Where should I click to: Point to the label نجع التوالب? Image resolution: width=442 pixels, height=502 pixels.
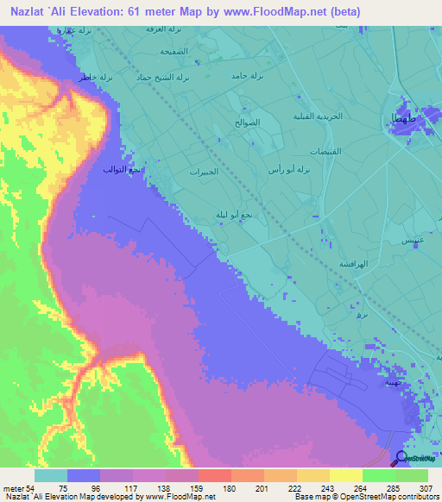pos(119,170)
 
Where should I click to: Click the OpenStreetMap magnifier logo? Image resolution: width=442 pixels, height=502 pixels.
pos(402,457)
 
